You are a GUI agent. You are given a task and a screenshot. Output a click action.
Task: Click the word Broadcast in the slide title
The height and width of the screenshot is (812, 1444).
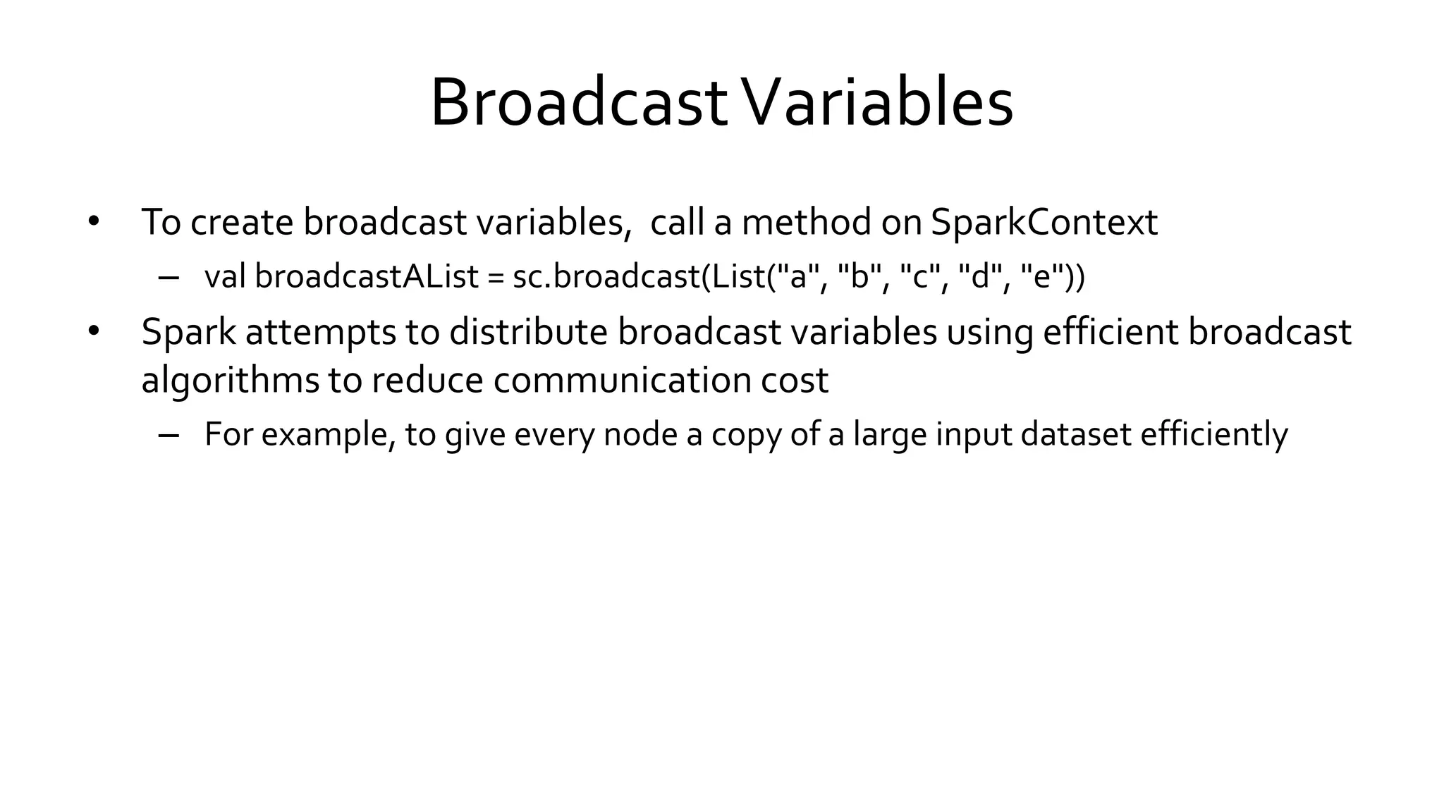click(x=578, y=104)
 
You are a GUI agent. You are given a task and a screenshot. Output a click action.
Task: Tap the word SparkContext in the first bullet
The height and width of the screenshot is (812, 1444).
click(x=1044, y=222)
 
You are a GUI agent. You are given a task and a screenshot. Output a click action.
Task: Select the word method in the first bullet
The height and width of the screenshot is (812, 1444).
click(x=807, y=222)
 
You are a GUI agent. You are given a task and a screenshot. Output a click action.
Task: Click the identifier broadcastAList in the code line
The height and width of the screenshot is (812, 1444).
click(x=367, y=276)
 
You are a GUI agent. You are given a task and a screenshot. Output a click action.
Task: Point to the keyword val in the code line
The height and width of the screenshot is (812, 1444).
click(x=224, y=276)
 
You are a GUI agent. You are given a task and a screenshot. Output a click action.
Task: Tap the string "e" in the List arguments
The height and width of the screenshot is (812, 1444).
click(x=1042, y=276)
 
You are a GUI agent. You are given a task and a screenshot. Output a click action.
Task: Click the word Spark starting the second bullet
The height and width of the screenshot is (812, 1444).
click(x=188, y=332)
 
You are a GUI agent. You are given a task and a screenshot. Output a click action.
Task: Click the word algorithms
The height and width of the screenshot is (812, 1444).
click(x=230, y=381)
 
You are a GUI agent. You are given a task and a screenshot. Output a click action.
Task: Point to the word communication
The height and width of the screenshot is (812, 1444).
click(x=621, y=381)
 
